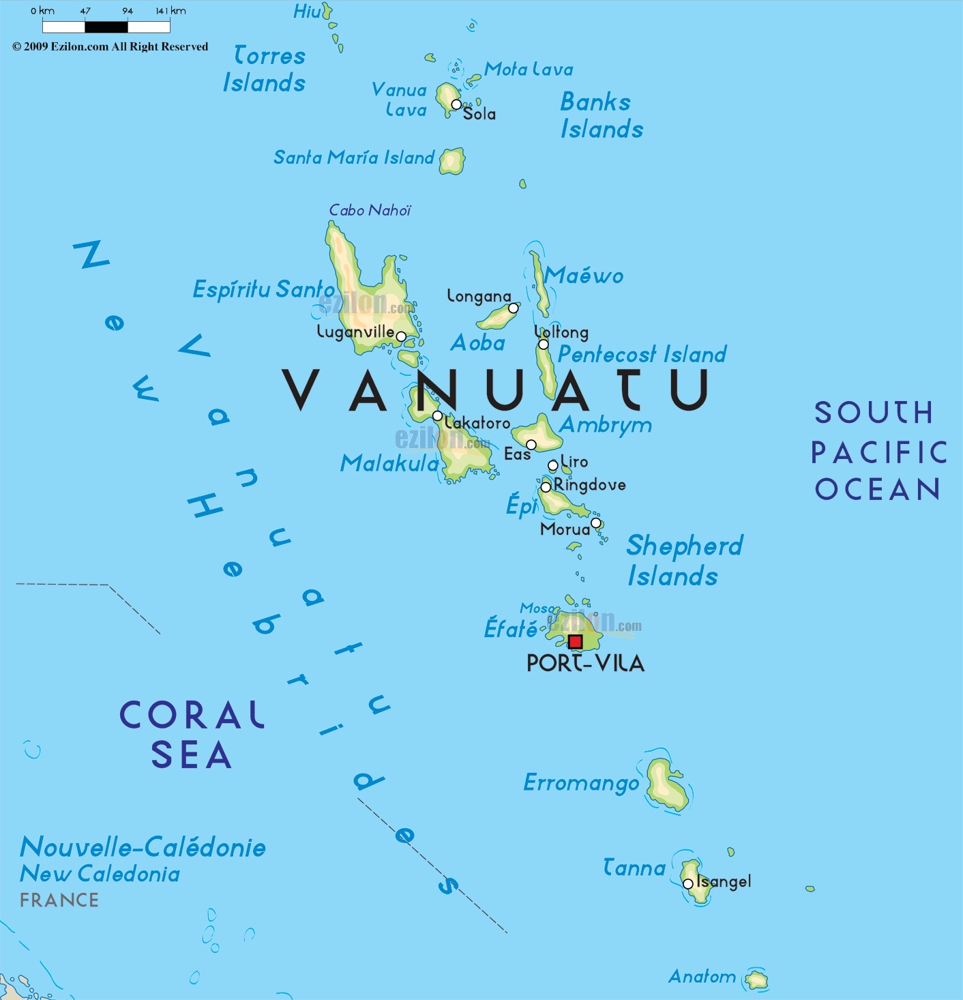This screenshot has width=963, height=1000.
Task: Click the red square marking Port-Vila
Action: [x=575, y=641]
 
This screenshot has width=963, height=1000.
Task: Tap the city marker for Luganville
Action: [x=401, y=336]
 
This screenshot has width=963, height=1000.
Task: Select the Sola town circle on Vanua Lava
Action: [x=456, y=104]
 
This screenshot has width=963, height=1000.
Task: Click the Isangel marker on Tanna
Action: [x=688, y=883]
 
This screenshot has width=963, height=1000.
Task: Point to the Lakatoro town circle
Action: [x=437, y=415]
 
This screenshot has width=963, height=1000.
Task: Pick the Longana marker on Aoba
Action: [x=514, y=308]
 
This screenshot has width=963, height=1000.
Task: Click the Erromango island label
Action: [x=581, y=783]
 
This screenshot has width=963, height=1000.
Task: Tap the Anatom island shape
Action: [x=756, y=980]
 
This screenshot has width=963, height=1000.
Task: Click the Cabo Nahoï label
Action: [x=370, y=210]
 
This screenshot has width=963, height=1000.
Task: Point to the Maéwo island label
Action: [x=584, y=276]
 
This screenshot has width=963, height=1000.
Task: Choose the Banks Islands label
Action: [x=601, y=115]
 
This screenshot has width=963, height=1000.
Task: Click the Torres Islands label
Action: [x=265, y=69]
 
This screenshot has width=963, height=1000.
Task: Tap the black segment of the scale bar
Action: [x=106, y=27]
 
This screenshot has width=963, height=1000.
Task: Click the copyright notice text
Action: [x=110, y=46]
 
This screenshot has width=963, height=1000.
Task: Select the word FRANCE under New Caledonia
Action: [x=59, y=900]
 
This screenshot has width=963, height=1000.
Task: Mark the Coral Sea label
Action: [x=192, y=735]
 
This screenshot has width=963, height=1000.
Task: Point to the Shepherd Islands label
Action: [x=683, y=560]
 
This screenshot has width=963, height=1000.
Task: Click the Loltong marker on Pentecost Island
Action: [x=543, y=344]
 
